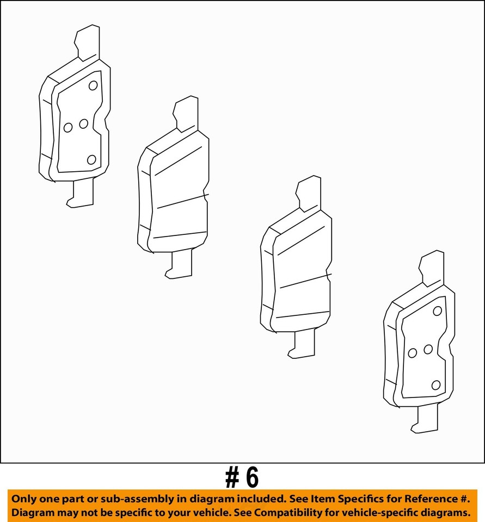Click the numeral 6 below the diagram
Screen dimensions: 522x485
(251, 478)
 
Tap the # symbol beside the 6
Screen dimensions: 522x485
(232, 478)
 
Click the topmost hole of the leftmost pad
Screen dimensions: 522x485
(93, 85)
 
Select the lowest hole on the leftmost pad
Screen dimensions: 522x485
(91, 159)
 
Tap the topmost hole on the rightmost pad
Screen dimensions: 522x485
(437, 311)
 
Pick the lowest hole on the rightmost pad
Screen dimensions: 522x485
(435, 385)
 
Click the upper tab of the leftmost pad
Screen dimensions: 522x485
(88, 42)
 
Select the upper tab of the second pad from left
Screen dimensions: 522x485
(186, 113)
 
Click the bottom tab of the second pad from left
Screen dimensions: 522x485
(181, 266)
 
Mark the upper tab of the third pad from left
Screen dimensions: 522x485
(309, 192)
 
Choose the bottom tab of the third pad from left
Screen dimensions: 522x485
(304, 345)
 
